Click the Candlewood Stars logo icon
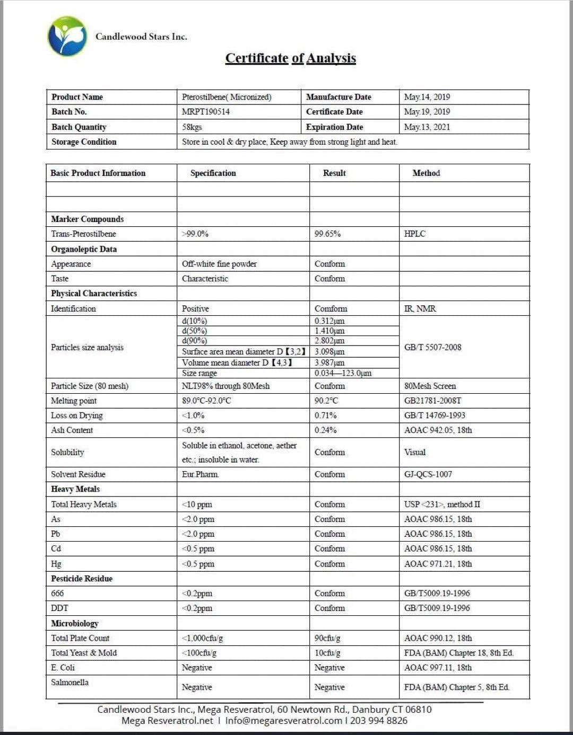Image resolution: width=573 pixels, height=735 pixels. (67, 36)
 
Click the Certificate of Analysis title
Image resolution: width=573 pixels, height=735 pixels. (290, 58)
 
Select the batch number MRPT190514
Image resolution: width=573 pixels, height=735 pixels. (206, 112)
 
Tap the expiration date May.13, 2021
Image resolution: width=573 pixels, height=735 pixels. (427, 127)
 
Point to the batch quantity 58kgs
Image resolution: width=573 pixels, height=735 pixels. (192, 127)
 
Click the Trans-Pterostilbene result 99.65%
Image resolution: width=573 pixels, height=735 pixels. (327, 234)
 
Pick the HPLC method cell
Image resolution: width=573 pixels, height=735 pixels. (415, 234)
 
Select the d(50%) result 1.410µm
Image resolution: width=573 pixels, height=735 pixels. (329, 331)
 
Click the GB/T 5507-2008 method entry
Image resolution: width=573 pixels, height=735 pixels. (432, 347)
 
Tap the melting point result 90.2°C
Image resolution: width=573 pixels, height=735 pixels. (326, 401)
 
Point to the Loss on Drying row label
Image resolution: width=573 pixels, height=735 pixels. (77, 415)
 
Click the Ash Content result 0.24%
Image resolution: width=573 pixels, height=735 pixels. (326, 430)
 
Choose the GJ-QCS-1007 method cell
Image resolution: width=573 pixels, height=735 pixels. (428, 474)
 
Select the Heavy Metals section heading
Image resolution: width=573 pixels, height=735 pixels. (75, 489)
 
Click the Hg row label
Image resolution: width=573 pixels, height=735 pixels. (56, 564)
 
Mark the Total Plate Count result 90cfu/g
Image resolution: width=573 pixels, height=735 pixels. (327, 638)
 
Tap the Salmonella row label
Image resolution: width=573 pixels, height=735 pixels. (70, 683)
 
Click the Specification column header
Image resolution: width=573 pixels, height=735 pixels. (213, 173)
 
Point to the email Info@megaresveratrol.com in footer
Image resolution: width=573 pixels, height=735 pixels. (283, 721)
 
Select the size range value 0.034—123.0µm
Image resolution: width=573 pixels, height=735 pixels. (343, 373)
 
